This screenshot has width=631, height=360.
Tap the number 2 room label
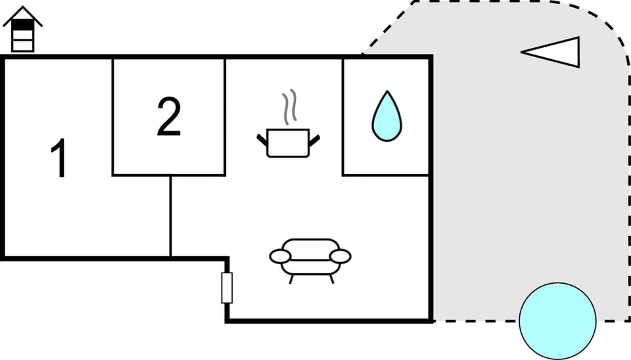[169, 116]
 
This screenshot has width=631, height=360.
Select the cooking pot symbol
[288, 143]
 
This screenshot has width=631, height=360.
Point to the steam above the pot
[289, 106]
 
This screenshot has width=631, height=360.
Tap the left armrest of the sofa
[280, 256]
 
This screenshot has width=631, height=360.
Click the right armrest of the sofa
[340, 256]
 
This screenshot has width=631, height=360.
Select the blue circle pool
[557, 321]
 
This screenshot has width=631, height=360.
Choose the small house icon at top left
[23, 29]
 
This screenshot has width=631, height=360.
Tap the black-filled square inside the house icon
[23, 25]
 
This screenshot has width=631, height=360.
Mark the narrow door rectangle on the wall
[227, 288]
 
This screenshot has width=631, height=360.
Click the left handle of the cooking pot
[262, 141]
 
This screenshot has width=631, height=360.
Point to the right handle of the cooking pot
[314, 141]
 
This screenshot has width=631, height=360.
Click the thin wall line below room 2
[171, 216]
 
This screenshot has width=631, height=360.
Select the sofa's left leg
[291, 279]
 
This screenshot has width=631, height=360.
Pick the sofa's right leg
[331, 279]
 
